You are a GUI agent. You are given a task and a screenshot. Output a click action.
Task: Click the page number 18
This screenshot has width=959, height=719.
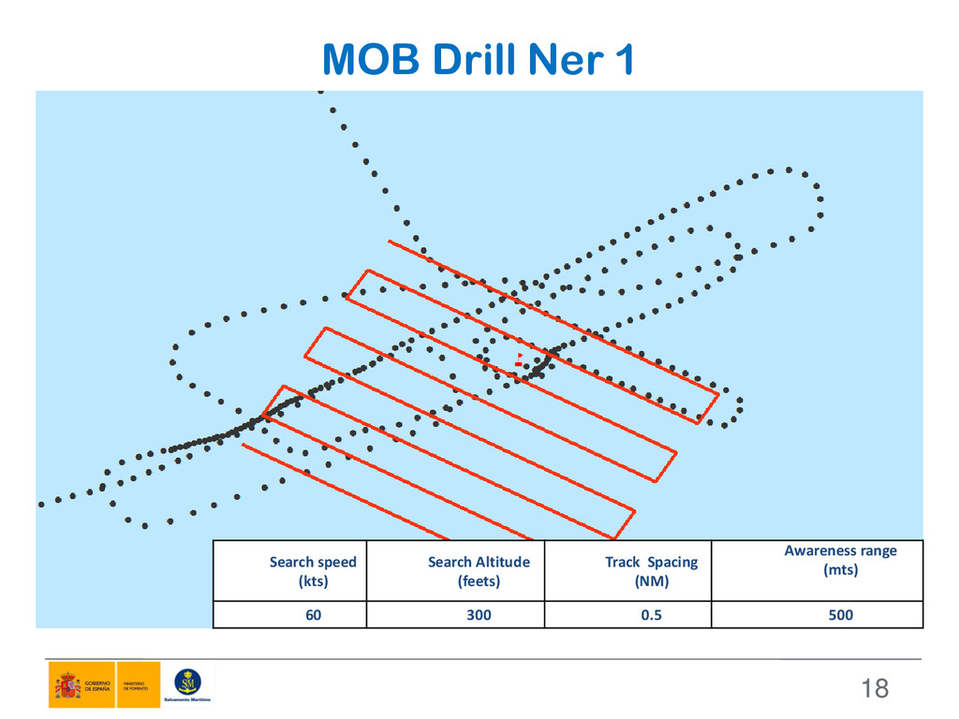[x=874, y=690]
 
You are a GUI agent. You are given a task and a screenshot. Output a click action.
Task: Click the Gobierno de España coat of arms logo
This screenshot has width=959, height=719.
[x=66, y=686]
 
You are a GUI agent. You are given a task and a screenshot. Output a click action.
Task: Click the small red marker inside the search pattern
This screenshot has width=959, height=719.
[x=518, y=361]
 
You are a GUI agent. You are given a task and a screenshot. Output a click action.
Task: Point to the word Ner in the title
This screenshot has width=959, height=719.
[x=559, y=61]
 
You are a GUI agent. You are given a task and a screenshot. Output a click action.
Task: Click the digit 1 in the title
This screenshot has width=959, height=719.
[x=623, y=61]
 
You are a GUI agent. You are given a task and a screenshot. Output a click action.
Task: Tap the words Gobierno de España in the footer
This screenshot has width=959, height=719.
[x=97, y=685]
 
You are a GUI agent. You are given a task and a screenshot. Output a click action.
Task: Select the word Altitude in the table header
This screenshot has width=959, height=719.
[x=501, y=562]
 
